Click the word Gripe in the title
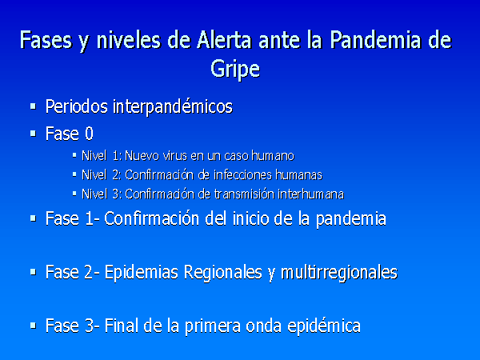pyautogui.click(x=235, y=69)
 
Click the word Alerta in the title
pyautogui.click(x=224, y=40)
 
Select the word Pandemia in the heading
pyautogui.click(x=377, y=40)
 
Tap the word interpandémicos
pyautogui.click(x=173, y=106)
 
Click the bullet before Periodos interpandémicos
pyautogui.click(x=33, y=106)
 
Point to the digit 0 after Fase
pyautogui.click(x=89, y=134)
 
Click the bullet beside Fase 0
pyautogui.click(x=33, y=134)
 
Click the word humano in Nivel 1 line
pyautogui.click(x=273, y=156)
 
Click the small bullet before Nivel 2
pyautogui.click(x=74, y=174)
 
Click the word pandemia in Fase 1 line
pyautogui.click(x=351, y=219)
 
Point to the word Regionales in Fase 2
pyautogui.click(x=223, y=272)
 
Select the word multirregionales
pyautogui.click(x=339, y=272)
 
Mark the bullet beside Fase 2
pyautogui.click(x=33, y=272)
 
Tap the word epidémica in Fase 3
pyautogui.click(x=324, y=326)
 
